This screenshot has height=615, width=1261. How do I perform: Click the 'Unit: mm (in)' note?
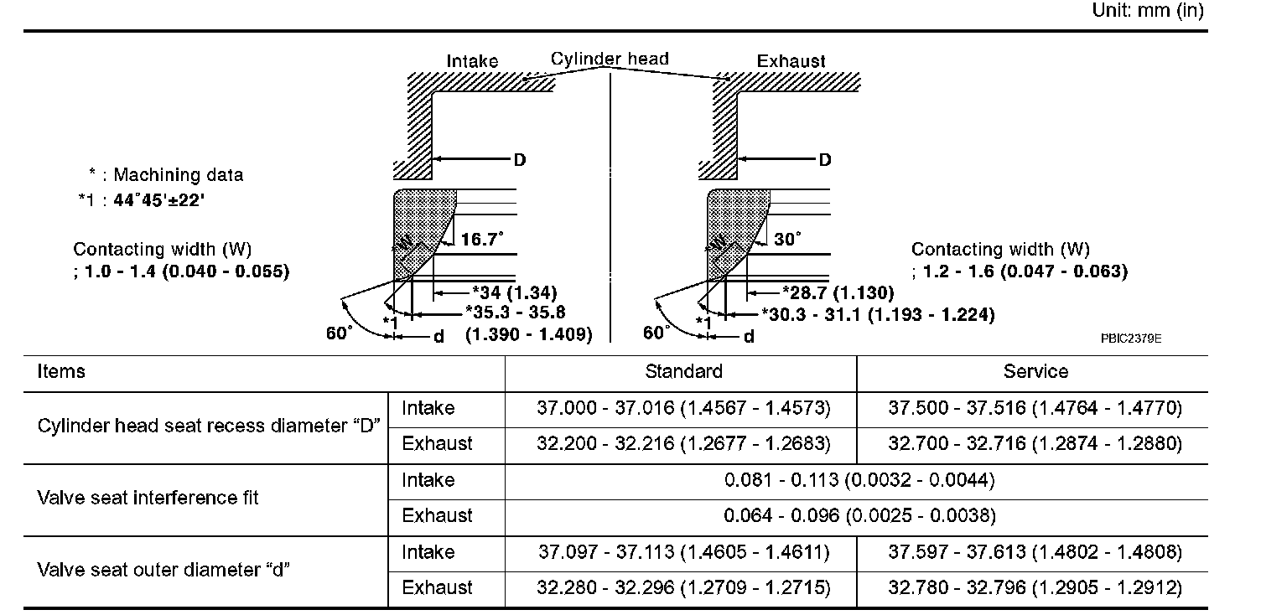[1147, 11]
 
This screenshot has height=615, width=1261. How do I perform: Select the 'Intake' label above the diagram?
[472, 61]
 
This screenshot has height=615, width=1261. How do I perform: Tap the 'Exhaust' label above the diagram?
[791, 61]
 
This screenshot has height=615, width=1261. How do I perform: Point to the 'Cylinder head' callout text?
[610, 59]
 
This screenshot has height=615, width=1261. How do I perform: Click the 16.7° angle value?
[482, 240]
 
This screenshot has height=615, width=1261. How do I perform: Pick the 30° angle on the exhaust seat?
[787, 240]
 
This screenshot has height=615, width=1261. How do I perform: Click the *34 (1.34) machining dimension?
[514, 292]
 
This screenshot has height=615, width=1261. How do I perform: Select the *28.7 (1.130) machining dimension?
[838, 292]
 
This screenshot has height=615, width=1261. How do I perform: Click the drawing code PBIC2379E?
[1131, 339]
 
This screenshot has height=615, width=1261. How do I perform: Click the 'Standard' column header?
[683, 371]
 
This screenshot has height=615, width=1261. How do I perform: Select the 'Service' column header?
[1035, 371]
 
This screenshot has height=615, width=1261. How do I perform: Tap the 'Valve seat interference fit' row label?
[148, 498]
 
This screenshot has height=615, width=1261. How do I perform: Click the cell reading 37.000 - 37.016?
[683, 408]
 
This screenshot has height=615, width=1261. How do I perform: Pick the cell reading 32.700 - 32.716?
[1035, 443]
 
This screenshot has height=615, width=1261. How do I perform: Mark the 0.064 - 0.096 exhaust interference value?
[859, 515]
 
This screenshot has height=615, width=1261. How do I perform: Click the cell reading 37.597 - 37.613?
[1035, 552]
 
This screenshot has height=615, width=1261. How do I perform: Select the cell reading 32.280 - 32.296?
[683, 587]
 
